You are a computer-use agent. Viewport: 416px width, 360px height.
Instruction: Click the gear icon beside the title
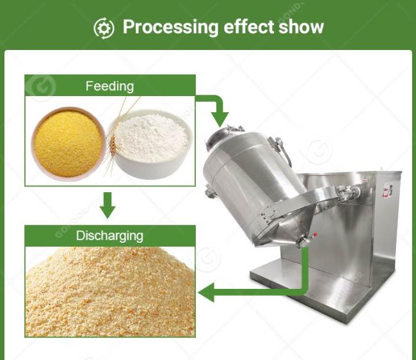click(104, 28)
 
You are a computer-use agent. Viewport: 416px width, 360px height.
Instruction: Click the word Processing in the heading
click(170, 28)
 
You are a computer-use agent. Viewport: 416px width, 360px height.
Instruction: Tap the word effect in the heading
click(248, 26)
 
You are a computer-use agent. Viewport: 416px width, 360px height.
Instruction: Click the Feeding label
click(109, 86)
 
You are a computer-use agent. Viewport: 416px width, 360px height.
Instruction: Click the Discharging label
click(109, 236)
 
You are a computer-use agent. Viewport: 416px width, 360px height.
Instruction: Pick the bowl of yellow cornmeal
click(68, 143)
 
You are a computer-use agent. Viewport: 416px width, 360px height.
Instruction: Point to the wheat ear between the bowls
click(113, 145)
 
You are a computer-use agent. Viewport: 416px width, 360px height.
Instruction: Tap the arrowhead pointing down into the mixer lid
click(220, 119)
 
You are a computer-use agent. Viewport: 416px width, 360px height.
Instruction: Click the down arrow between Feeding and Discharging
click(108, 205)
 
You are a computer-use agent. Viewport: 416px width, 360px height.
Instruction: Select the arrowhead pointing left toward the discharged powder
click(207, 292)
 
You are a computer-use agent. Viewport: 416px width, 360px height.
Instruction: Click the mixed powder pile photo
click(110, 291)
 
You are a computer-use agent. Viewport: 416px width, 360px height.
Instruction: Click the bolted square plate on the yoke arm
click(270, 214)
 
